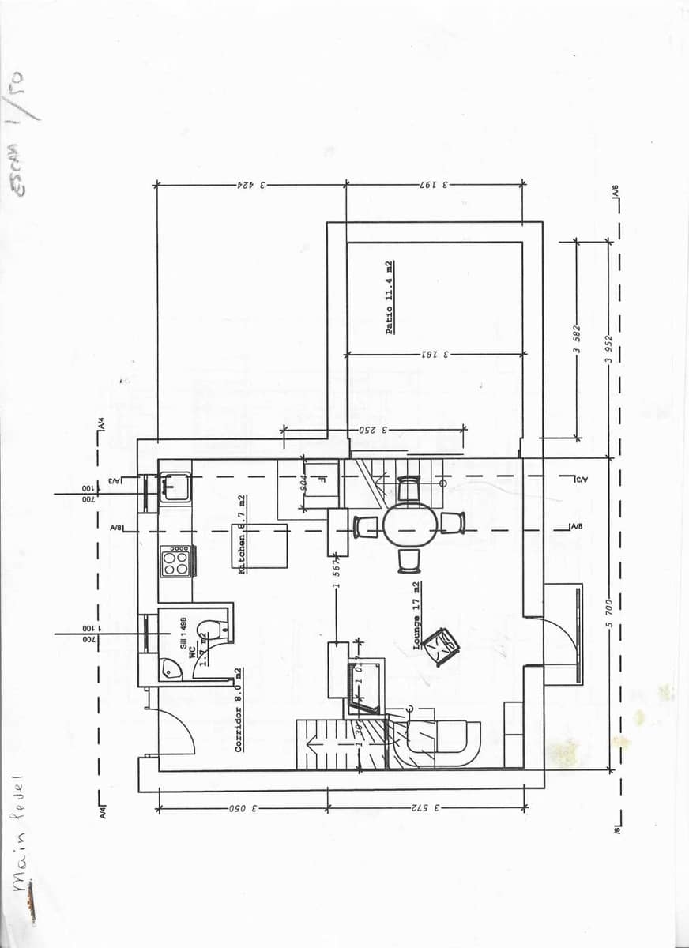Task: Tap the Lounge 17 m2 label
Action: (x=416, y=615)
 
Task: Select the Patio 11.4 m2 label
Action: (x=390, y=298)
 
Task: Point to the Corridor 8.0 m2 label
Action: (x=239, y=709)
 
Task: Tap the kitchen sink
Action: (x=174, y=487)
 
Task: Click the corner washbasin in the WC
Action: (x=169, y=669)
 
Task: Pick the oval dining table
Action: (x=409, y=525)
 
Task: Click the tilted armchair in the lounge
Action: (x=441, y=646)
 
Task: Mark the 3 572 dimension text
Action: (x=424, y=808)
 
